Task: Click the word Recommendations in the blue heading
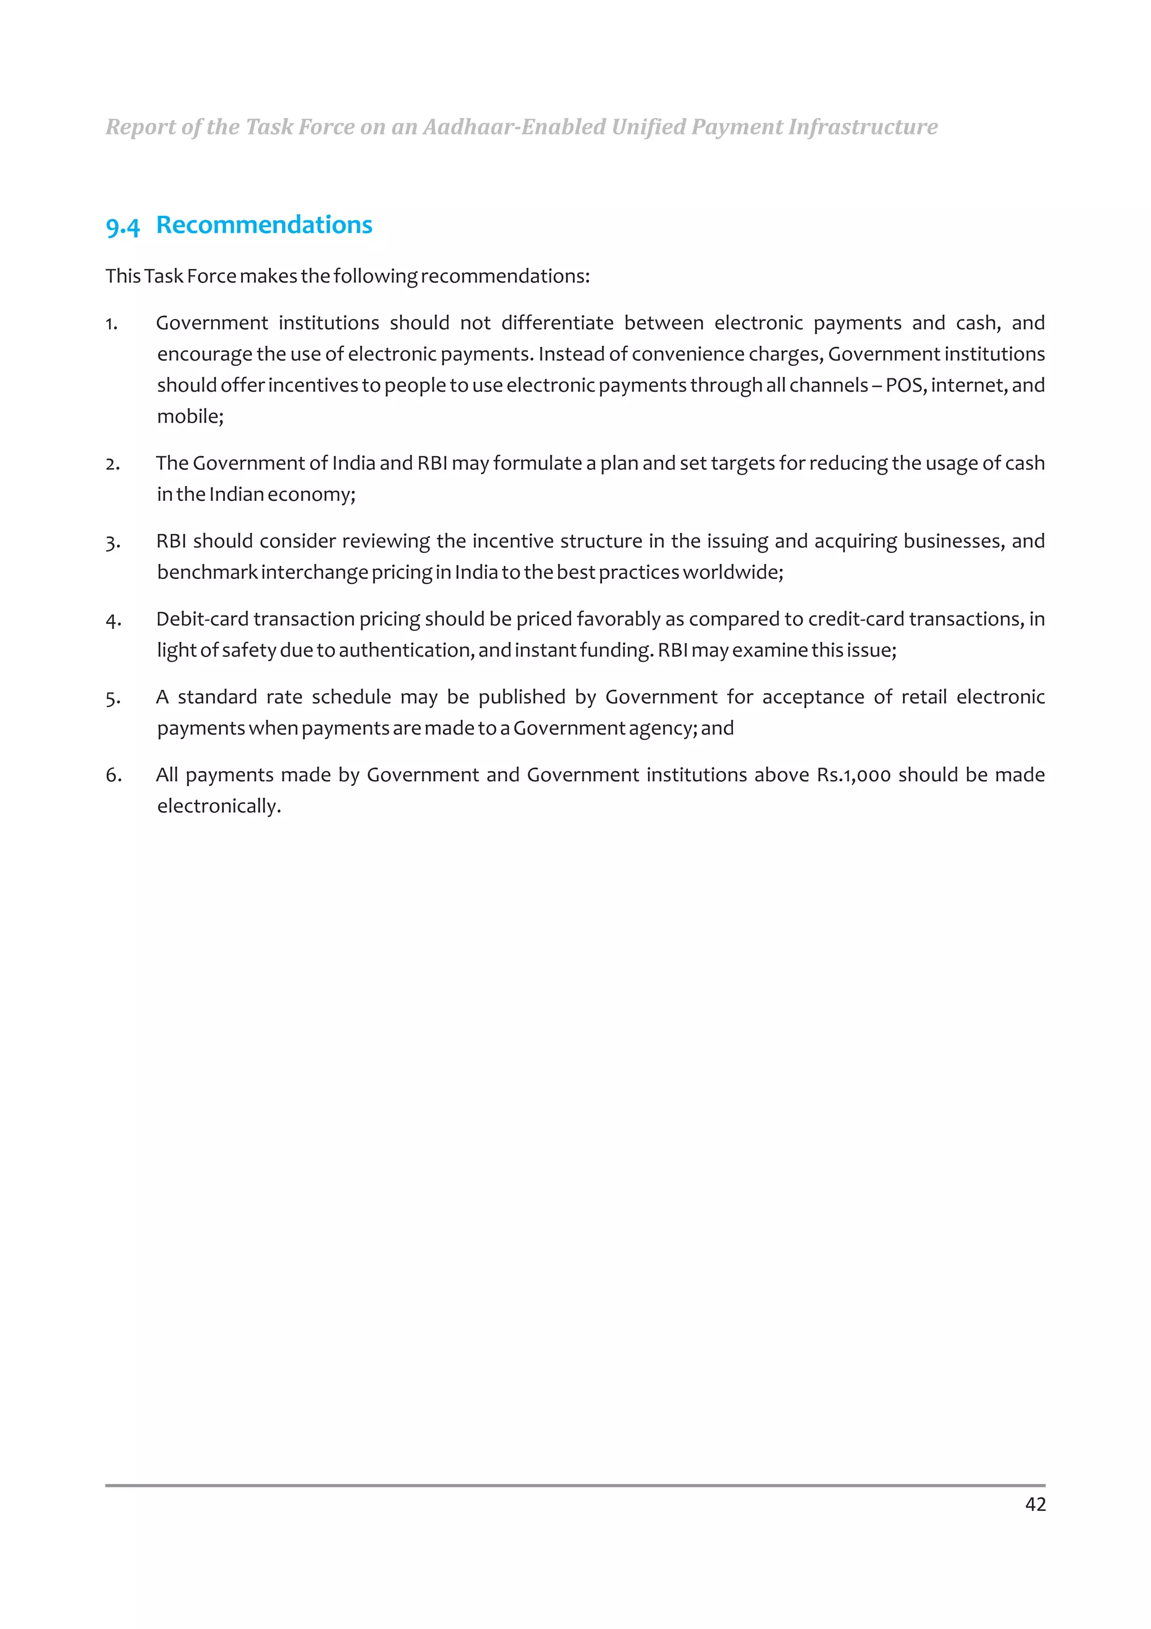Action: coord(264,225)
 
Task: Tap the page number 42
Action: coord(1035,1504)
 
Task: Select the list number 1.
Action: coord(111,324)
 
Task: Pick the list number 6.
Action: coord(113,776)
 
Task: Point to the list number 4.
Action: coord(113,620)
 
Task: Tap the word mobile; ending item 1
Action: coord(190,417)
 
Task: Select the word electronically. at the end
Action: coord(219,807)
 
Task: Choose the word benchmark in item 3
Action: coord(207,573)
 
